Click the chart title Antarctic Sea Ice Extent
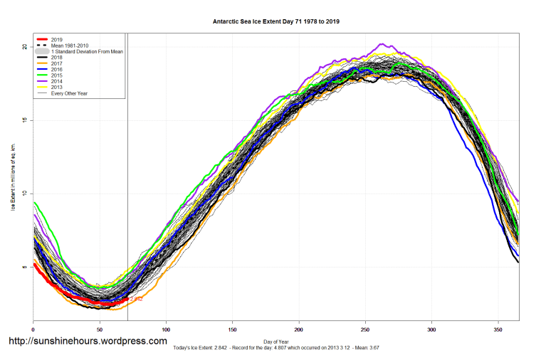click(x=276, y=21)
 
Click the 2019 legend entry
click(x=58, y=40)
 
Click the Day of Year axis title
click(x=276, y=340)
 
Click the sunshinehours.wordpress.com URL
click(x=87, y=342)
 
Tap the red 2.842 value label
click(x=137, y=300)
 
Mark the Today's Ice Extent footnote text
click(x=276, y=348)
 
